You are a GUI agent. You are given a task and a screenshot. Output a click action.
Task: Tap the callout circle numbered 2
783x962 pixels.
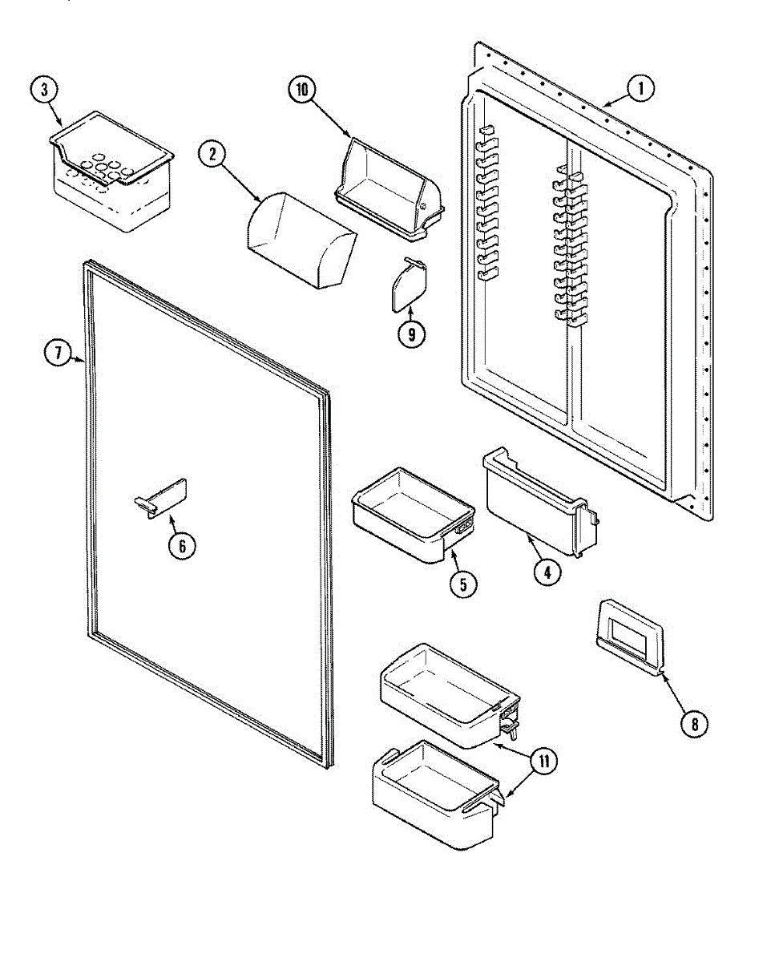tap(212, 156)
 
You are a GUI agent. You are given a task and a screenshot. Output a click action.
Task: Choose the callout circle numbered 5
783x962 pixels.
tap(463, 584)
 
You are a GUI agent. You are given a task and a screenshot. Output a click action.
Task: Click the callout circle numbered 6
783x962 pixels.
tap(182, 546)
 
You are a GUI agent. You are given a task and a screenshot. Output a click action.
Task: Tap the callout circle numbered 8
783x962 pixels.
tap(694, 723)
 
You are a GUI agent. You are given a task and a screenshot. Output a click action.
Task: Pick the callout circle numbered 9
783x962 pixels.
tap(411, 334)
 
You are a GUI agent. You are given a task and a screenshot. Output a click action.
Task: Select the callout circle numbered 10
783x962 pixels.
tap(302, 91)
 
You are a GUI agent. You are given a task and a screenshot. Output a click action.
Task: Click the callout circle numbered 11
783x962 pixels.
tap(544, 762)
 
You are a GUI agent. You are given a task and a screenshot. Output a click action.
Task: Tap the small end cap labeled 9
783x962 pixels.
tap(409, 285)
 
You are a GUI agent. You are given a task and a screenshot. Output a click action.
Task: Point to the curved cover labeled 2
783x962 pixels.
tap(298, 241)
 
